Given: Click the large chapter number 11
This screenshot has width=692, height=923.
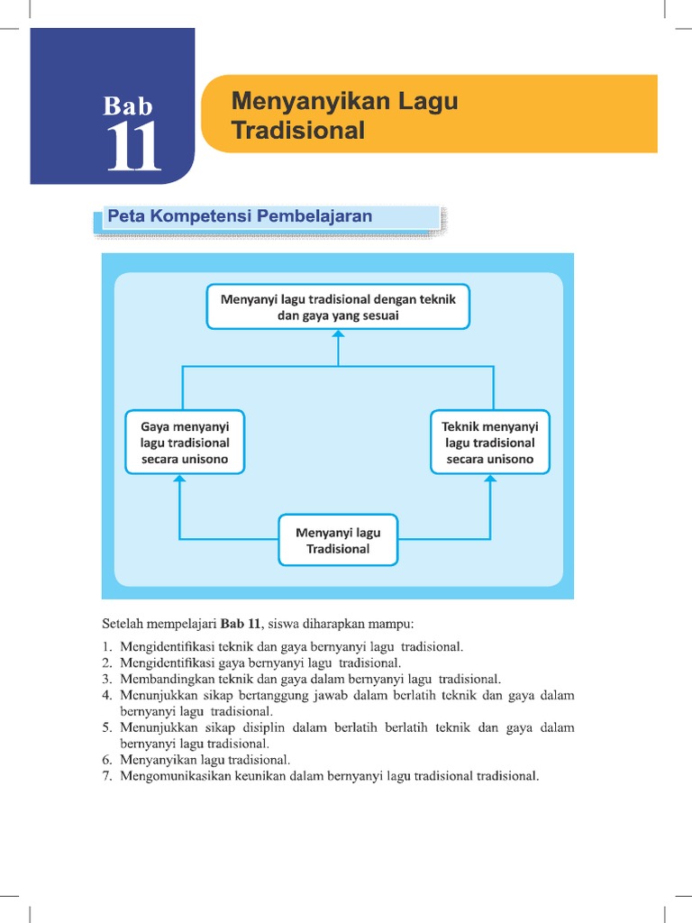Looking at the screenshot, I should point(134,147).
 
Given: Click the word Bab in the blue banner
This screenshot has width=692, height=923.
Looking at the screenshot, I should point(129,106).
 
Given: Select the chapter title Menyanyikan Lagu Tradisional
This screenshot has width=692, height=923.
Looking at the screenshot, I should point(345,115).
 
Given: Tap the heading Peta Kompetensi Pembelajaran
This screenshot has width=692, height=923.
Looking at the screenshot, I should point(240,216).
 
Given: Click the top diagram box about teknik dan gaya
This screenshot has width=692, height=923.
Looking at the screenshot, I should point(338,307).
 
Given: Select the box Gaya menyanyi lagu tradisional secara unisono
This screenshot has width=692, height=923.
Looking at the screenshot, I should point(185,443).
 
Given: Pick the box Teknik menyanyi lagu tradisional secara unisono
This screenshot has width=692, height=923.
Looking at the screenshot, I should point(490,443).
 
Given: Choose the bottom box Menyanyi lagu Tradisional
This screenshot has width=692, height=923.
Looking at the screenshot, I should point(338,540).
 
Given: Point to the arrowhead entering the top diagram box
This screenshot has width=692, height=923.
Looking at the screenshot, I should point(338,334).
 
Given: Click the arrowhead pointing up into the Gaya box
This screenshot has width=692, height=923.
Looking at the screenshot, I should point(180,480).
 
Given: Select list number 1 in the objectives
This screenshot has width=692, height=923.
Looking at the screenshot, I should point(106,646).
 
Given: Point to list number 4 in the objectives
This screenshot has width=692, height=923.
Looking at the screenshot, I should point(106,695).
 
